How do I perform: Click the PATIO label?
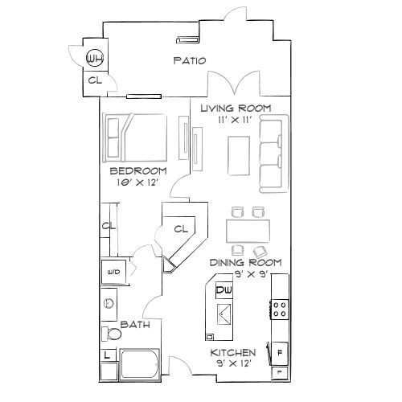[x=190, y=60]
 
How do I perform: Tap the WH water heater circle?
[x=96, y=58]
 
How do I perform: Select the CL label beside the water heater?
[x=94, y=80]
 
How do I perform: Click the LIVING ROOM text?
[x=235, y=108]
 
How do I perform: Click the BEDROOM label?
[x=137, y=171]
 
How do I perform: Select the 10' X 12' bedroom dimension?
[x=137, y=183]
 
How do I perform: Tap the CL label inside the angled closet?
[x=181, y=228]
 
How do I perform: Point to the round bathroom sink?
[x=108, y=304]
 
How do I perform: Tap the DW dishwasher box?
[x=224, y=289]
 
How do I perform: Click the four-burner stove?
[x=281, y=308]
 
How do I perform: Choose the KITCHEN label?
[x=233, y=353]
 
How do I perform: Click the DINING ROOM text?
[x=245, y=263]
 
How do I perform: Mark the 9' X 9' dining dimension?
[x=245, y=274]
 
